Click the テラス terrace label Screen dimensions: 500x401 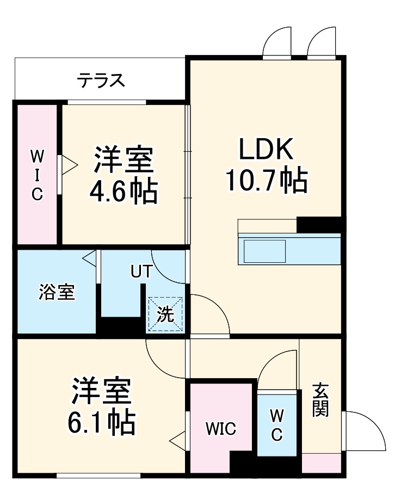tap(101, 81)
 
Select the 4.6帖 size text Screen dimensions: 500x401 tap(124, 191)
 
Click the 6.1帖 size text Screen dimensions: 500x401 tap(101, 422)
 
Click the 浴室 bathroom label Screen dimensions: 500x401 tap(57, 292)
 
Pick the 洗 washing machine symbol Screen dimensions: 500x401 tap(166, 314)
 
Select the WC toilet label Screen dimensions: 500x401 tap(277, 425)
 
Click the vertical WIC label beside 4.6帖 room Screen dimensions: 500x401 tap(36, 175)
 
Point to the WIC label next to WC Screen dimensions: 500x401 tap(221, 429)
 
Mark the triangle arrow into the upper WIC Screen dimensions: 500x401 tap(66, 164)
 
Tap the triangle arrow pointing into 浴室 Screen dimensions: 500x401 tap(90, 258)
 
